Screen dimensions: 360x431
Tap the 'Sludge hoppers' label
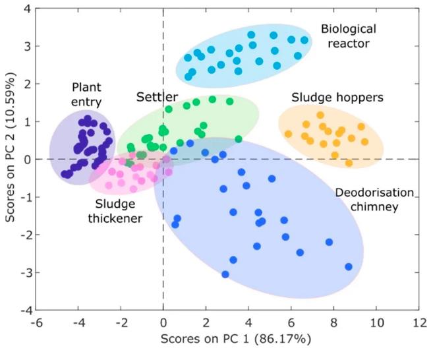pos(328,97)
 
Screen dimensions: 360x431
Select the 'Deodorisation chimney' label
pos(374,199)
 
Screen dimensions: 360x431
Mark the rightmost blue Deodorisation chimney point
pos(349,267)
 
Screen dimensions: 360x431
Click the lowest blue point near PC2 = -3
pos(225,274)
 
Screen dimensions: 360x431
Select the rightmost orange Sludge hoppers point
pos(364,142)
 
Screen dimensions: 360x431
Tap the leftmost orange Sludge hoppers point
pos(288,134)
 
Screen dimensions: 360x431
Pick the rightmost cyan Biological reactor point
pos(304,40)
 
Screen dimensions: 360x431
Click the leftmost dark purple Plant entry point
pos(65,175)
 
